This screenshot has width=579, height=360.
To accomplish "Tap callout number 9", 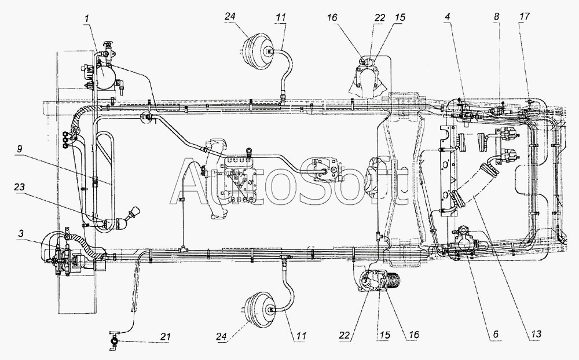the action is point(20,149).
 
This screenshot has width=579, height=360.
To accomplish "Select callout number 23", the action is point(19,187).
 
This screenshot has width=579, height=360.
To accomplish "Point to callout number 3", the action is point(21,233).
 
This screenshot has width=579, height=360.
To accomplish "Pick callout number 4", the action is point(448,17).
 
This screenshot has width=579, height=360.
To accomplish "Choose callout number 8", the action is point(497,17).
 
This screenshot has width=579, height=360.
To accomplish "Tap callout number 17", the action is point(525,17).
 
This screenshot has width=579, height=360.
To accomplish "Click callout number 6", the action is point(495,335).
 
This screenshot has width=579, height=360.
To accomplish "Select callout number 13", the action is point(536,335).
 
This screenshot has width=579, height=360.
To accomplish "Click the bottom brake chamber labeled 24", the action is point(259,309).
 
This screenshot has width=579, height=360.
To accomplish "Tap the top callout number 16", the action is point(332,18).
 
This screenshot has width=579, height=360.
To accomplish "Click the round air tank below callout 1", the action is point(105,75).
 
